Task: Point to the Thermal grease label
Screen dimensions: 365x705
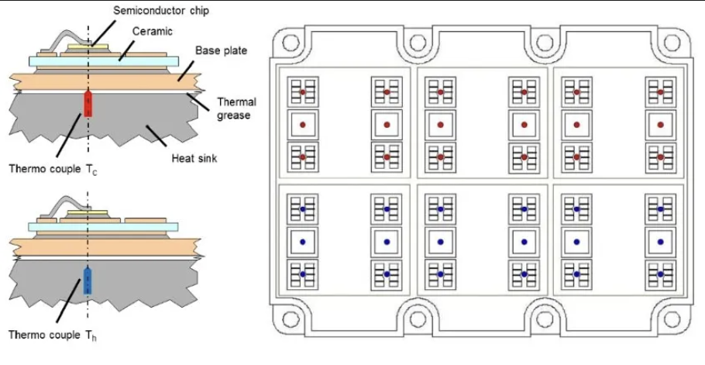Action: click(x=236, y=108)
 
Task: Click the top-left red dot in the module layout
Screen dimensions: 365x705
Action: click(x=303, y=92)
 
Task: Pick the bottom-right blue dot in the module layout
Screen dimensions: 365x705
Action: click(x=660, y=274)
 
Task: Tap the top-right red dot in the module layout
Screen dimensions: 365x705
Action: click(x=660, y=92)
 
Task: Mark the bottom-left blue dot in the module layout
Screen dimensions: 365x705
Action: click(x=303, y=274)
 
